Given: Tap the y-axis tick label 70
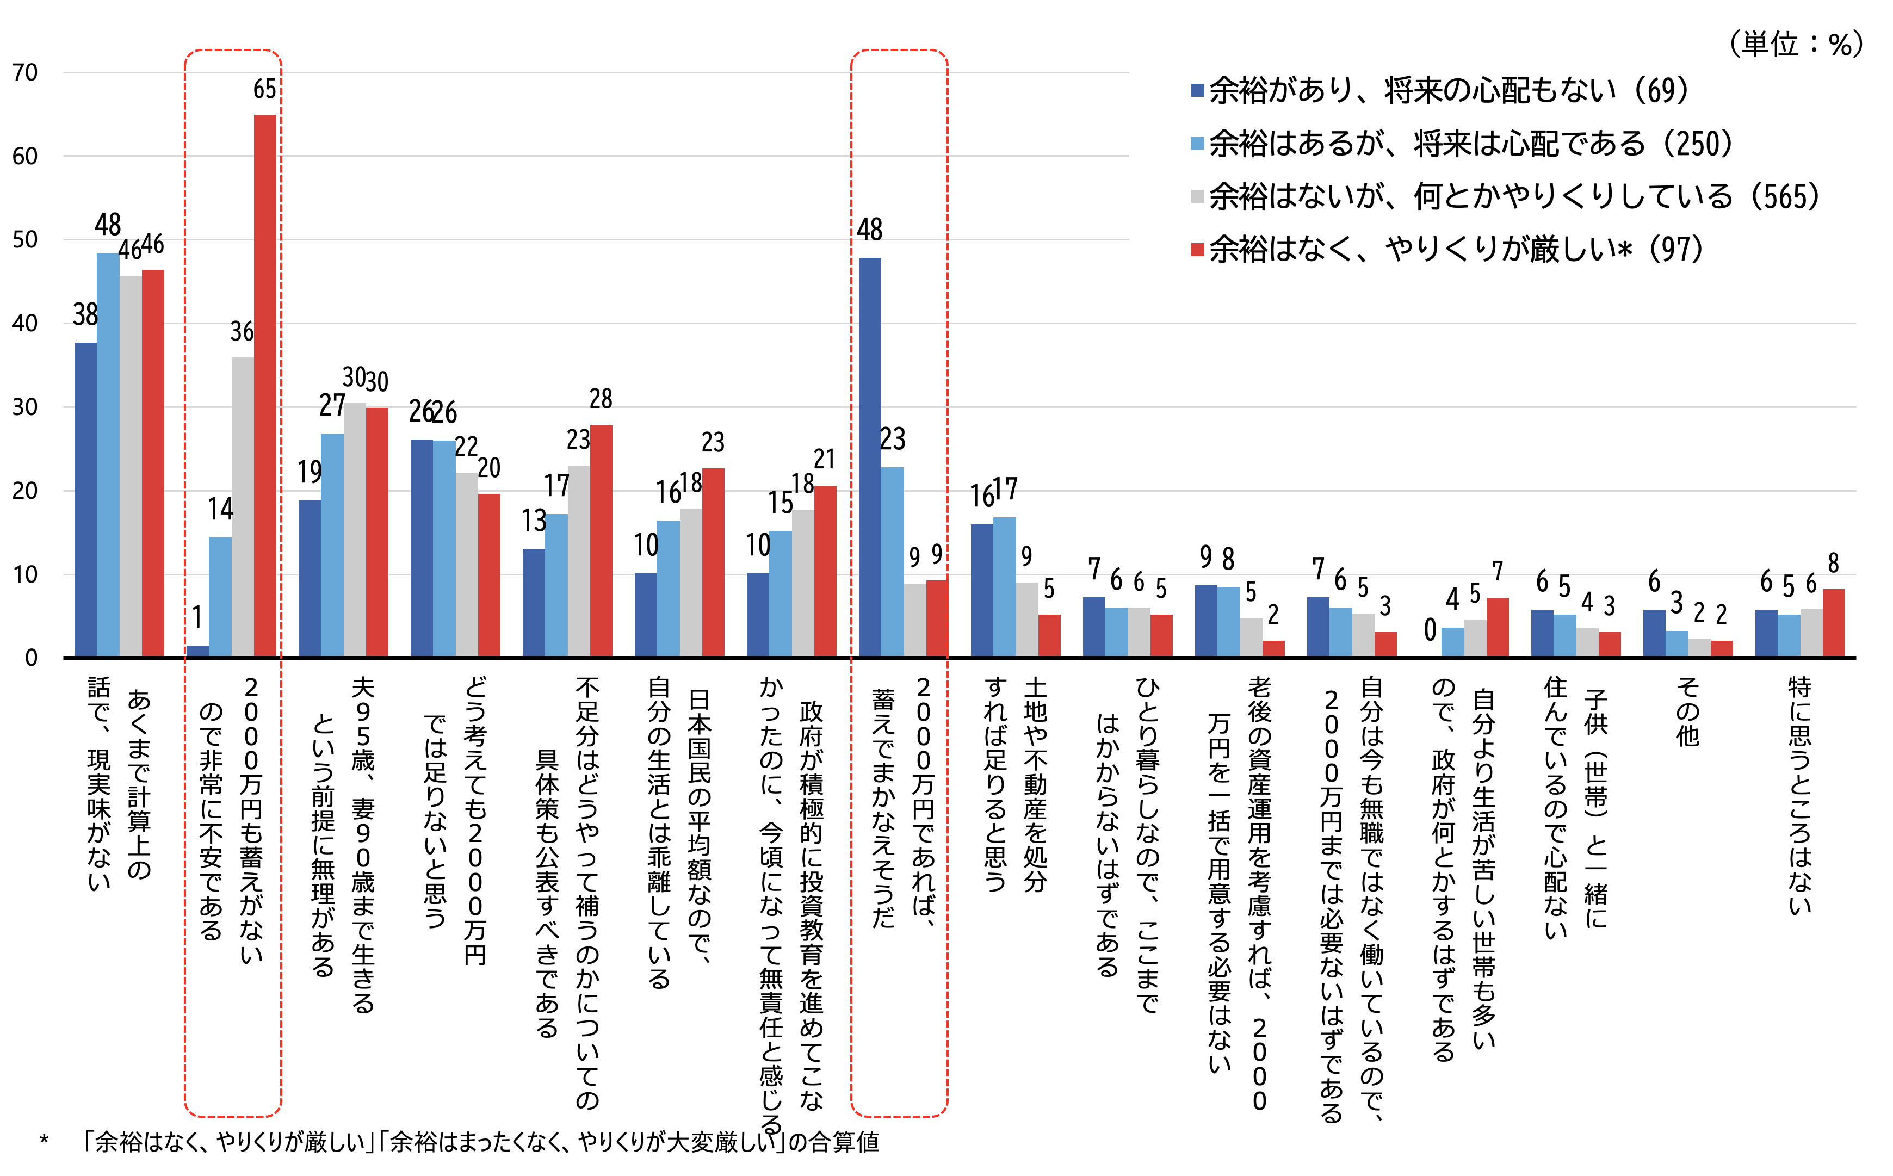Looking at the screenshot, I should pos(26,73).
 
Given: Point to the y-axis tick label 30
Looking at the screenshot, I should pos(26,407).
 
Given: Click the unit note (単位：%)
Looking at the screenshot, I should pos(1796,45).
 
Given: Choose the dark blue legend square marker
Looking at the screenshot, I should pos(1198,91).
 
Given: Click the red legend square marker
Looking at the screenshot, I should pos(1198,250).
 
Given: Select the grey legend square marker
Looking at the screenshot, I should pos(1198,197).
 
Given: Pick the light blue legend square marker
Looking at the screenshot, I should pos(1198,144).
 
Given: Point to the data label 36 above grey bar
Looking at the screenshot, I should pos(242,332).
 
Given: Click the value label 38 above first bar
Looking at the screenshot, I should pos(85,315).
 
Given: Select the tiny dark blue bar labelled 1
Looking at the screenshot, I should pos(197,652).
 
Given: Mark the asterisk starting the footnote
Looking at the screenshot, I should pos(44,1142).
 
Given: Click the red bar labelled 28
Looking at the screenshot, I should pos(601,541).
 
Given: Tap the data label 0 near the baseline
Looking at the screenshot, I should pos(1430,630).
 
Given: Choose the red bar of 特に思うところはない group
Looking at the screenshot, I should pos(1833,623).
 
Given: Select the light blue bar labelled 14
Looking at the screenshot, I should pos(220,597).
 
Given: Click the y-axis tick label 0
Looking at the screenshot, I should pos(31,659).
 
